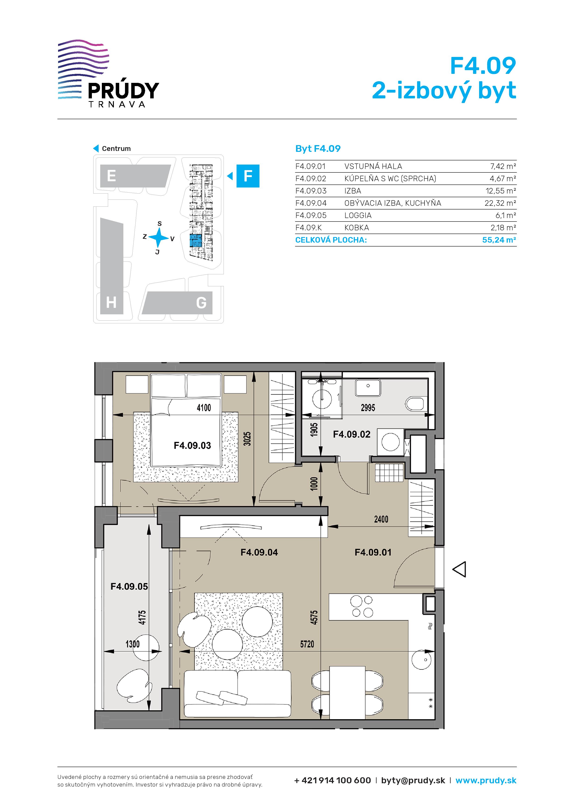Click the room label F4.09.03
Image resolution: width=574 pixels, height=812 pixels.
192,445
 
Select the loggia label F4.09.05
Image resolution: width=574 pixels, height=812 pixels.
129,586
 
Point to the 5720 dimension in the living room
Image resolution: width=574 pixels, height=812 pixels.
307,644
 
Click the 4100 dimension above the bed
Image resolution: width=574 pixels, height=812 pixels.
204,408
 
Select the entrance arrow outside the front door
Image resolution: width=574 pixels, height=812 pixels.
459,569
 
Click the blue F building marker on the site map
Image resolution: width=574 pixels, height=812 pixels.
248,176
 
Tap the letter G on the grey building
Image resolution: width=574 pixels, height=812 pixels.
201,303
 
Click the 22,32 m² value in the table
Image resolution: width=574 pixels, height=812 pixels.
500,203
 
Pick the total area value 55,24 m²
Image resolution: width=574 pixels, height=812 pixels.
499,240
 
